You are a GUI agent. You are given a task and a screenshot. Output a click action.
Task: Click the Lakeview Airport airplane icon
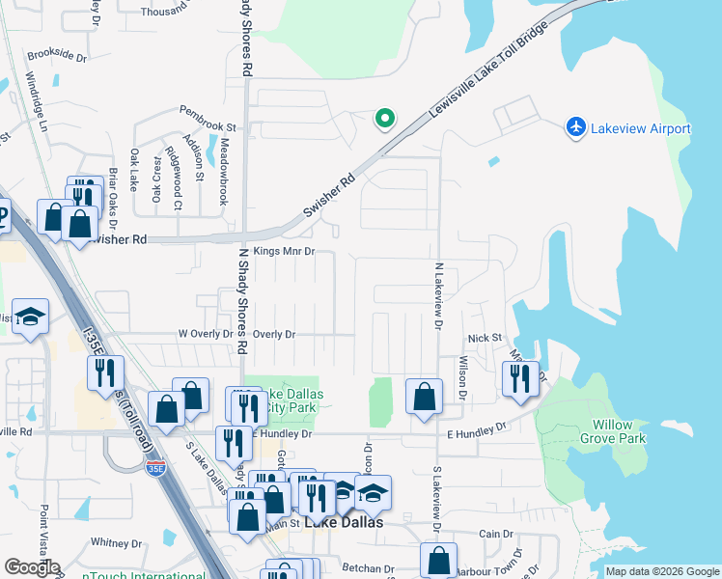[576, 127]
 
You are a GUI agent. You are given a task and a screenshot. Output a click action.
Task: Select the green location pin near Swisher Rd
[384, 119]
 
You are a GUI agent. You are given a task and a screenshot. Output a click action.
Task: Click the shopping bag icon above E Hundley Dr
[424, 396]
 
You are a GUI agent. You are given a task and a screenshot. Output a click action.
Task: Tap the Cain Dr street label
[495, 534]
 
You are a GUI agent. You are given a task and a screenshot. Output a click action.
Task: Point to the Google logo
[32, 567]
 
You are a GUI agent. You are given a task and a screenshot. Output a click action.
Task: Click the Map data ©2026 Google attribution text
[662, 571]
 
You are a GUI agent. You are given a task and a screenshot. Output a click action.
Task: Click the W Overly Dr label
[206, 334]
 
